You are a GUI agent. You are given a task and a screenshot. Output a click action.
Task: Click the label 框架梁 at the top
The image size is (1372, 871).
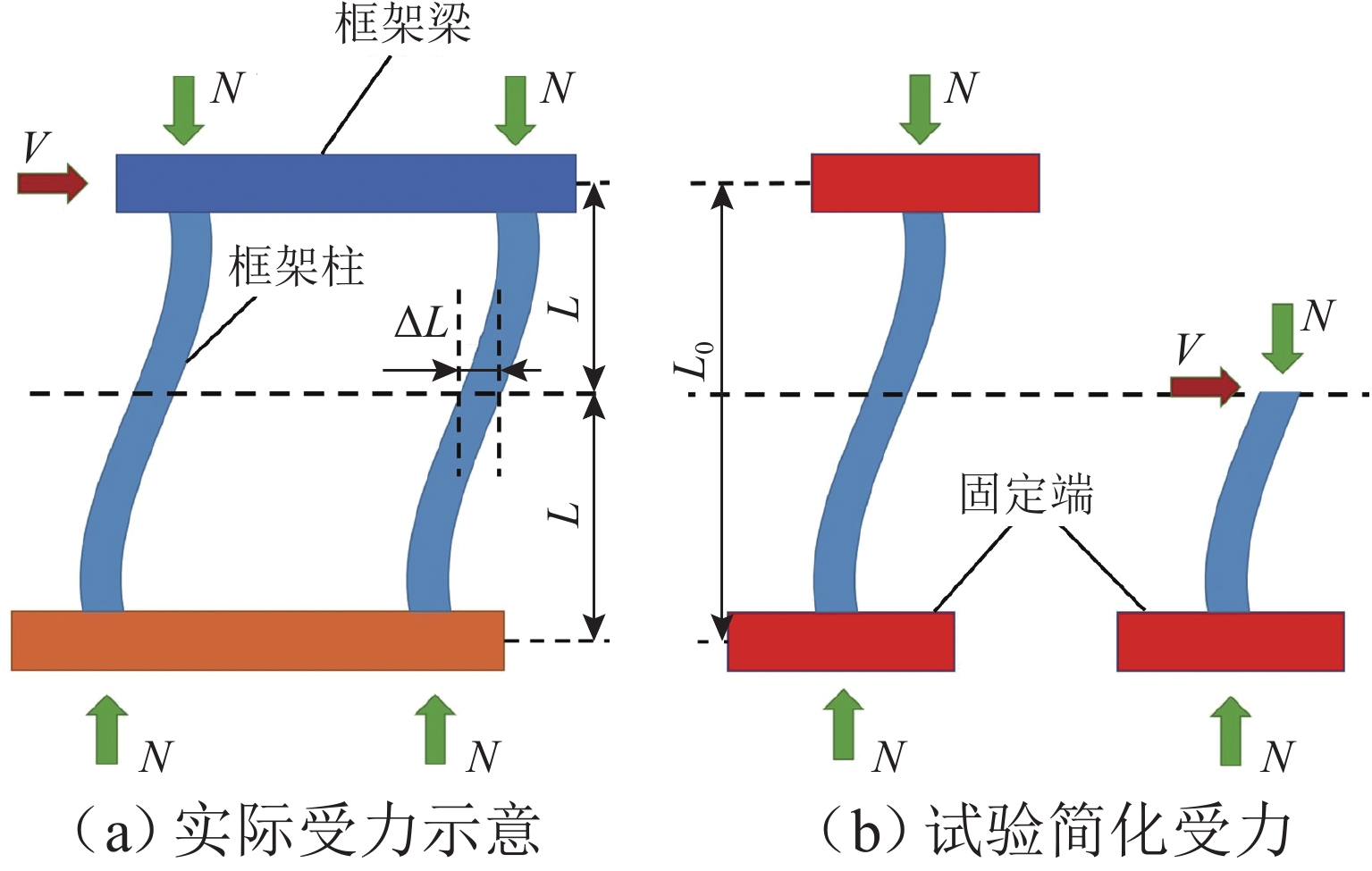click(402, 23)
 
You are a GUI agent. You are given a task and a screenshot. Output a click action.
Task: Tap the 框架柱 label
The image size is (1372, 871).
click(296, 266)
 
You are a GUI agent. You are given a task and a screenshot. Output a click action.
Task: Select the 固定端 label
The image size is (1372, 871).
click(1026, 494)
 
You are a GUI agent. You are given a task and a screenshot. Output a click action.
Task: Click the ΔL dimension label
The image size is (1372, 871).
click(422, 322)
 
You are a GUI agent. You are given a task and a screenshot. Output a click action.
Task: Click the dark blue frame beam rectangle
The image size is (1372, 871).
click(346, 183)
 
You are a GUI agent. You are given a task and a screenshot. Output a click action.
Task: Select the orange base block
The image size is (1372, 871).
click(257, 641)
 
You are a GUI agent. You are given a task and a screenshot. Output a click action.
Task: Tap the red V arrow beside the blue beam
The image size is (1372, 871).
click(53, 183)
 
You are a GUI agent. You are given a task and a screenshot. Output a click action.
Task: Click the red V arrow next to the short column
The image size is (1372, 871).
click(1205, 387)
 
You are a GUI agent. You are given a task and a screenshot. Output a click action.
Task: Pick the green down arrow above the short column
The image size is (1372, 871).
click(1283, 338)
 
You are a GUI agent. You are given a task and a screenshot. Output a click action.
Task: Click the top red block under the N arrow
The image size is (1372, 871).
click(925, 183)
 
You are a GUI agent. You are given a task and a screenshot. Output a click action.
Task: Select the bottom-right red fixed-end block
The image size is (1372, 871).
click(1231, 641)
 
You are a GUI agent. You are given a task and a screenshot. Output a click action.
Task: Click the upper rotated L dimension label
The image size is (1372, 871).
click(566, 309)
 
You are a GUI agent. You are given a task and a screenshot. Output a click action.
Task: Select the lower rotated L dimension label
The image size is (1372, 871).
click(566, 515)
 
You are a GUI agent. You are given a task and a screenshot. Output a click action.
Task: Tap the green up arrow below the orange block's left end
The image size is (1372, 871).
click(107, 729)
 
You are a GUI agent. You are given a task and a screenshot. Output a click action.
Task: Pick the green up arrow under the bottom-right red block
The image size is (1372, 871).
click(1231, 731)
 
